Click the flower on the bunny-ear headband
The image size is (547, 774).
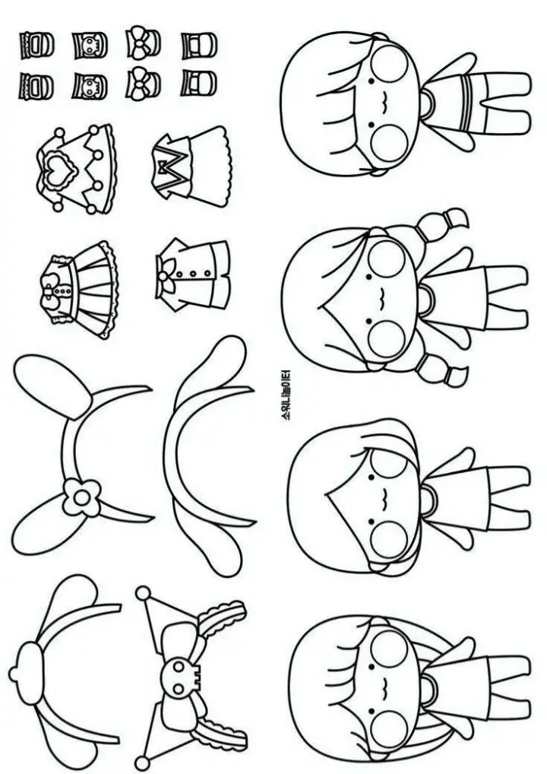(x=77, y=496)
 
